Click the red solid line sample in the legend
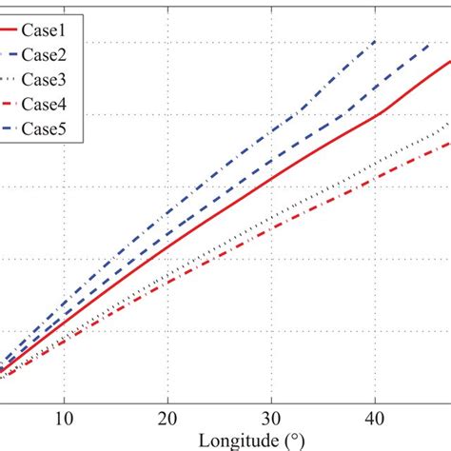[x=17, y=29]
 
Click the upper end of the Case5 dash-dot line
[x=376, y=42]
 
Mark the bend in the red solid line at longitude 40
[x=379, y=114]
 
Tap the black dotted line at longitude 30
[x=272, y=218]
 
